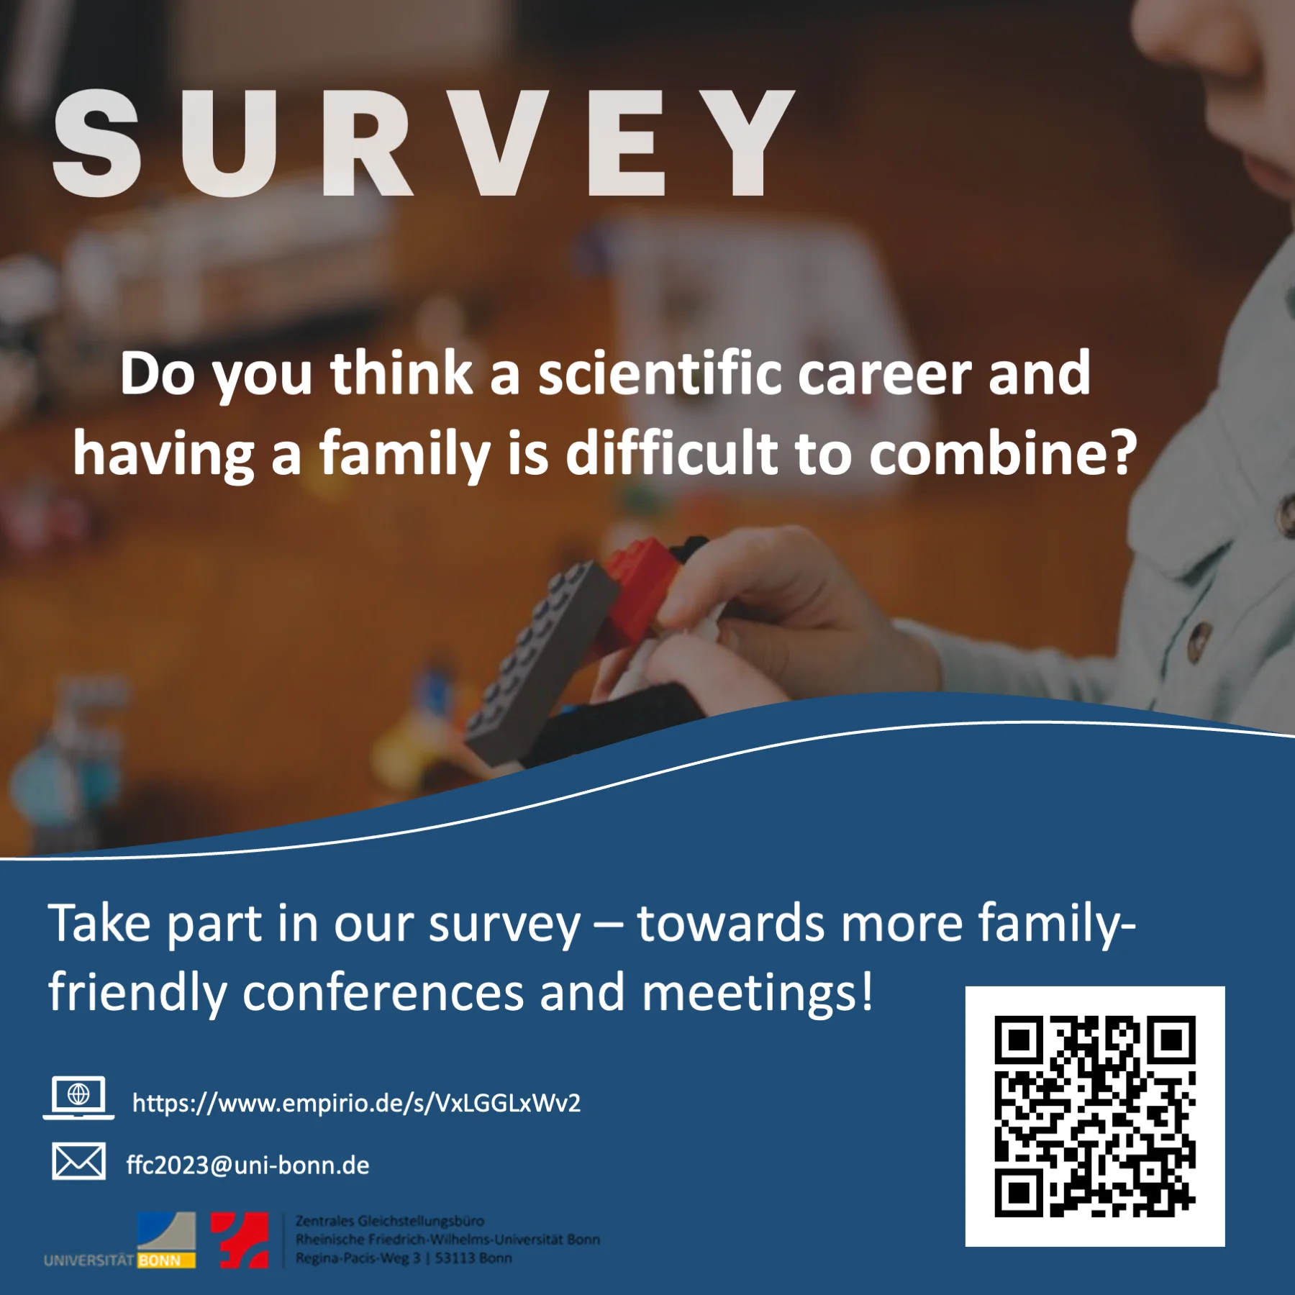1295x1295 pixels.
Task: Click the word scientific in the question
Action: tap(660, 373)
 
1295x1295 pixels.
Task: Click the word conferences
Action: tap(383, 992)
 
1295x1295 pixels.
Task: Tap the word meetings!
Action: tap(757, 992)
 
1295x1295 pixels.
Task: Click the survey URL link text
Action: tap(356, 1103)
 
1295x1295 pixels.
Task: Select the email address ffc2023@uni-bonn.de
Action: tap(247, 1165)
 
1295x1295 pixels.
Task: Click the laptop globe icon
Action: tap(78, 1097)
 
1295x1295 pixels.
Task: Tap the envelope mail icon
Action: tap(78, 1161)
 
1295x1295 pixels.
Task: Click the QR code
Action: tap(1094, 1117)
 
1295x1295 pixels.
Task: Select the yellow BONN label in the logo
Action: tap(165, 1260)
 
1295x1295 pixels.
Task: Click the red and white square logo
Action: tap(240, 1240)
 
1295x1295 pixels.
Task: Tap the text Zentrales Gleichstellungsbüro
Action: tap(390, 1221)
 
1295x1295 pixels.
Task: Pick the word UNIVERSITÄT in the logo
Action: tap(88, 1260)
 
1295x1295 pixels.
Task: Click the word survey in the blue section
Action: tap(504, 924)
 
